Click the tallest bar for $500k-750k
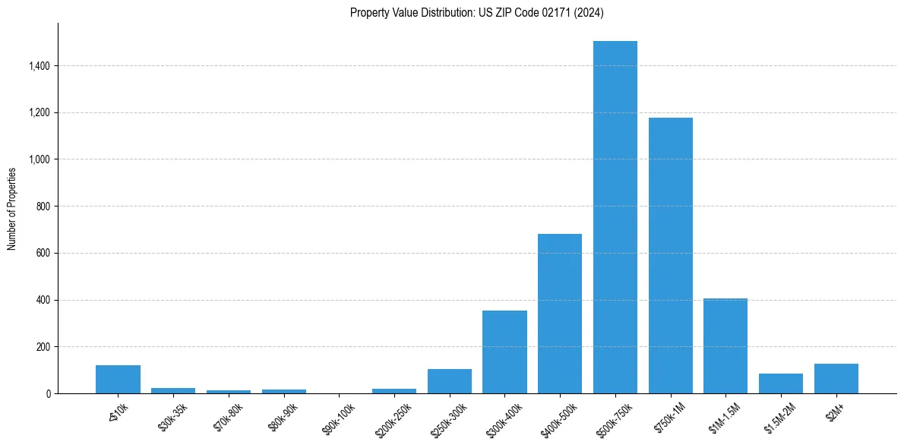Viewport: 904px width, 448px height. [615, 217]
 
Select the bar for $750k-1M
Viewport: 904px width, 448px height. [670, 256]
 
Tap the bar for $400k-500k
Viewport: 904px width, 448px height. [559, 314]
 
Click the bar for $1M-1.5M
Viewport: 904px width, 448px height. [725, 345]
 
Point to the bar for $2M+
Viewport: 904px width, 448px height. [836, 378]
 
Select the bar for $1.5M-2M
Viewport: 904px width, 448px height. [780, 383]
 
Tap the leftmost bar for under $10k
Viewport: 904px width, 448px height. [118, 380]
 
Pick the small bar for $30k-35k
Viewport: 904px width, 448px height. [173, 390]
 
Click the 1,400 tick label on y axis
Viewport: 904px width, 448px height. [39, 66]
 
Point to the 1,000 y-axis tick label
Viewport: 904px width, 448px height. [39, 159]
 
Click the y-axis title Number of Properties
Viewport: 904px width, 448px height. [12, 209]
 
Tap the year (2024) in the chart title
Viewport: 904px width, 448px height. [589, 13]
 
